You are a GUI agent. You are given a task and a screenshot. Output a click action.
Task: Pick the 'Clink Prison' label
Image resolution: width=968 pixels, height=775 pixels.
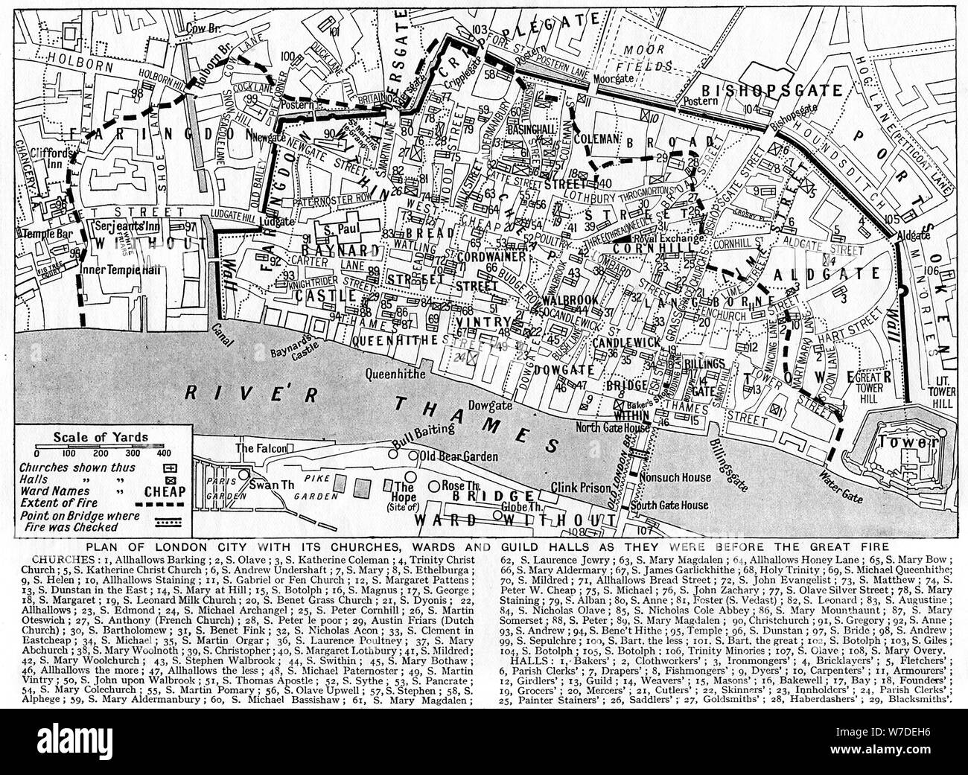[576, 488]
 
